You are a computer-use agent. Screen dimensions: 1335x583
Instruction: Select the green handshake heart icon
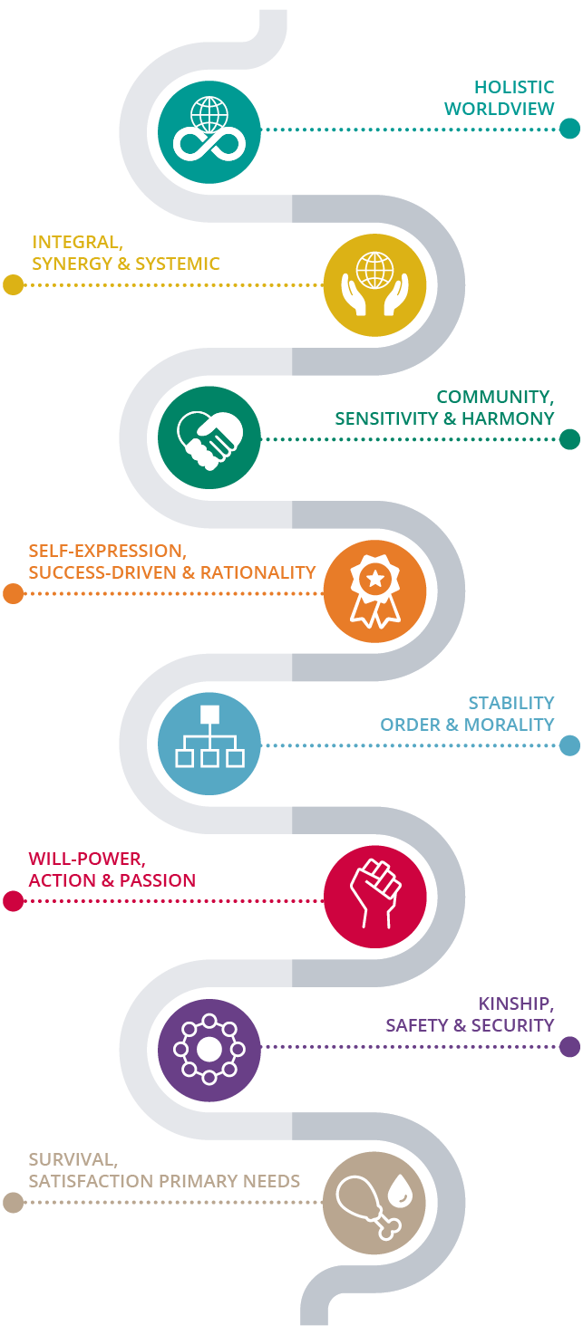pos(209,438)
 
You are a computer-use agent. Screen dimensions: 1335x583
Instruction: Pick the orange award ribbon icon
pos(374,591)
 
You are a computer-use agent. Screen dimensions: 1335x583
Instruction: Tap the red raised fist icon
pos(374,897)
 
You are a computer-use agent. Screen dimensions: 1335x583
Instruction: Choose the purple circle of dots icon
pos(209,1050)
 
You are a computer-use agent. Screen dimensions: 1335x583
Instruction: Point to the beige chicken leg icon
pos(374,1203)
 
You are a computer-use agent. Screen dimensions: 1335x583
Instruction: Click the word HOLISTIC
pos(514,88)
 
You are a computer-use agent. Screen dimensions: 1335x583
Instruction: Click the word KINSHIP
pos(515,1004)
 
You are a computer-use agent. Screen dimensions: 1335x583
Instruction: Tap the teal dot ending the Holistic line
pos(569,129)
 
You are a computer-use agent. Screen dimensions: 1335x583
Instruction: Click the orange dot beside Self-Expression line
pos(13,594)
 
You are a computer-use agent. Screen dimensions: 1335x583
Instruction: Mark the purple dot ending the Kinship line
pos(569,1047)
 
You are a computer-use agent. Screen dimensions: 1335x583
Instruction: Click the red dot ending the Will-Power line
pos(13,901)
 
